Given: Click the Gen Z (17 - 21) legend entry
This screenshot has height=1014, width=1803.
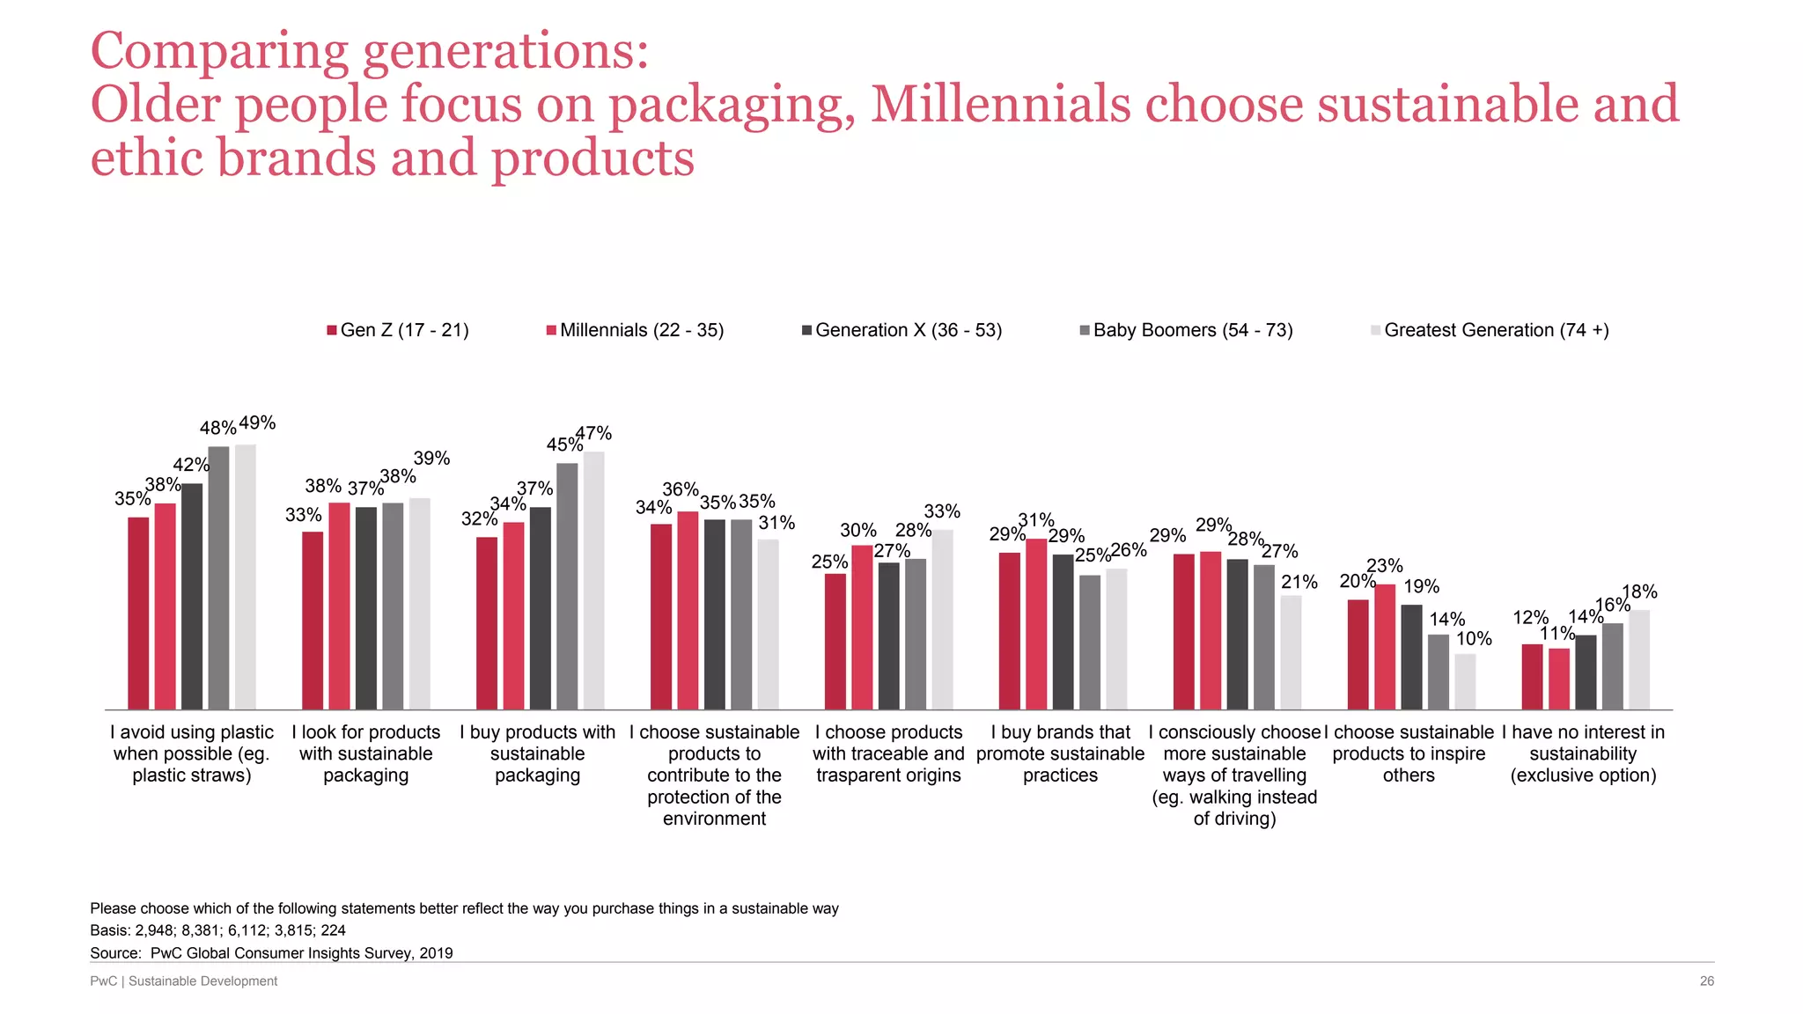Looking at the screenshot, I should pos(397,330).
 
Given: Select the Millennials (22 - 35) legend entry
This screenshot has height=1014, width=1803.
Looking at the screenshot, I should pos(635,330).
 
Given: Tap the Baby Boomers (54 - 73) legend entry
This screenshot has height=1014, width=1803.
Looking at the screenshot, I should pos(1186,330).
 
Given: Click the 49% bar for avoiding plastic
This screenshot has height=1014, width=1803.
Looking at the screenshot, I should pos(246,577).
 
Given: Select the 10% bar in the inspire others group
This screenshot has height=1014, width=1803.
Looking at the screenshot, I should pos(1465,681).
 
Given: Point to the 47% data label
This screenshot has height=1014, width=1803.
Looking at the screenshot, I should pos(594,433).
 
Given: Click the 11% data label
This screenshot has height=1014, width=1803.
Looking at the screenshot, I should pos(1556,634).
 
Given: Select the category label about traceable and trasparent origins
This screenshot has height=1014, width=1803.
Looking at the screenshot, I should pos(888,753).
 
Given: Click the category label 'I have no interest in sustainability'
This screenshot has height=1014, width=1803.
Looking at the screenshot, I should pos(1583,753).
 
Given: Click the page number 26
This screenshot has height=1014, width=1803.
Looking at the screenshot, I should pos(1706,981).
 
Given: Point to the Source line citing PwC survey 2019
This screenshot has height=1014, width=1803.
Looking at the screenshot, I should pos(271,952).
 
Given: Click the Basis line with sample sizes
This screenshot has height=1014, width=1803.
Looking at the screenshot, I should pos(217,930).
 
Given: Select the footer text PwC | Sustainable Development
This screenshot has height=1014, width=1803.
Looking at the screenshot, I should pos(183,981).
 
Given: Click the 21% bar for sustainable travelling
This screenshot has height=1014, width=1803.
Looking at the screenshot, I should pos(1291,652).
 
